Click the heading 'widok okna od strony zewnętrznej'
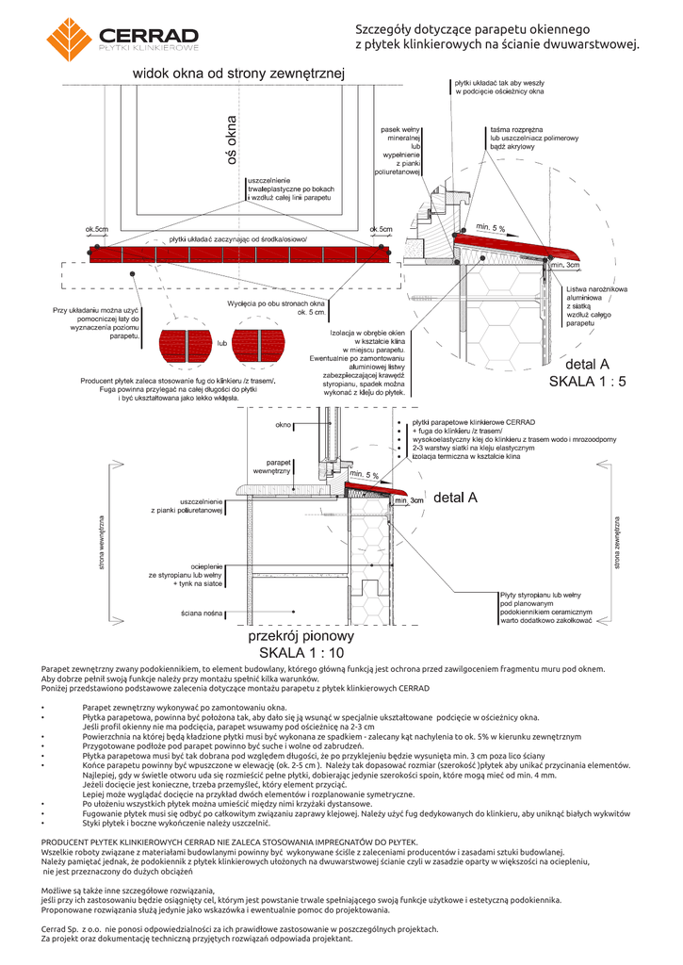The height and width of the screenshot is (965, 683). pyautogui.click(x=239, y=73)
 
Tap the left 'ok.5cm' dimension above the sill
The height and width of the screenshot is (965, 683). pyautogui.click(x=97, y=229)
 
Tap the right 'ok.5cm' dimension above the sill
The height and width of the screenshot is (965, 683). pyautogui.click(x=382, y=229)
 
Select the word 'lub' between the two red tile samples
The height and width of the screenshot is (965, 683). pyautogui.click(x=223, y=343)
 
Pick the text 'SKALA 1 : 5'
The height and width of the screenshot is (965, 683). pyautogui.click(x=588, y=382)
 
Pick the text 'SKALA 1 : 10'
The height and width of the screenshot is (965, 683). pyautogui.click(x=301, y=653)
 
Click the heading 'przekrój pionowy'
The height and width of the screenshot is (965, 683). pyautogui.click(x=301, y=636)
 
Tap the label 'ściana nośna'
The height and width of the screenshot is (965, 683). pyautogui.click(x=202, y=613)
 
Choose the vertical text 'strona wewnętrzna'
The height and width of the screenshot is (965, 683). pyautogui.click(x=102, y=543)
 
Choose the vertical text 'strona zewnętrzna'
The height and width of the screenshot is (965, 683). pyautogui.click(x=618, y=542)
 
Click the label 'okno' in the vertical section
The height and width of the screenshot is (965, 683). pyautogui.click(x=283, y=425)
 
